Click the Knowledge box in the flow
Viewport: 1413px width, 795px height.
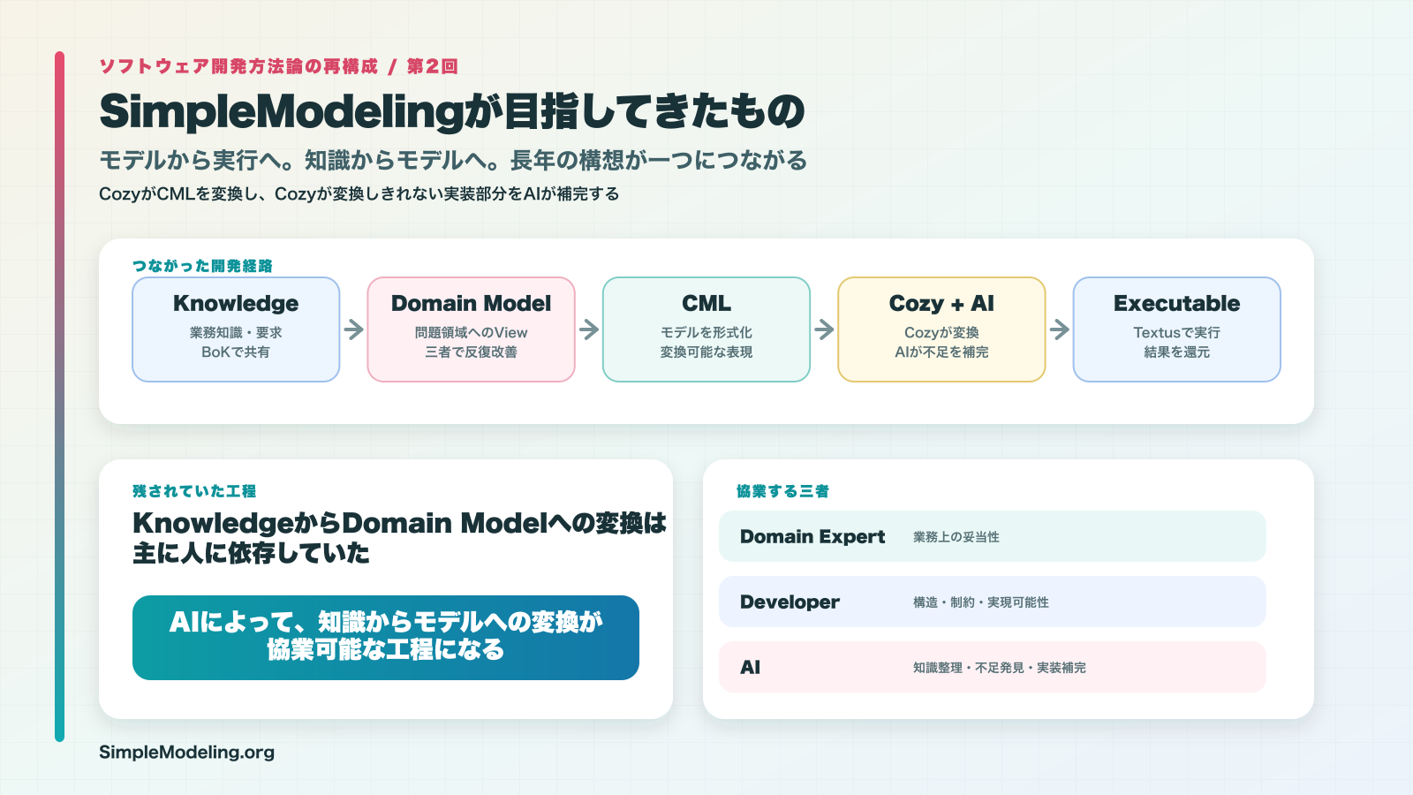(236, 329)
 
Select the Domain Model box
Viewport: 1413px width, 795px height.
(472, 329)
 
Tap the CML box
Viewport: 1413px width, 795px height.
(706, 329)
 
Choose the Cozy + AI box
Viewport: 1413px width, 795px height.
(941, 329)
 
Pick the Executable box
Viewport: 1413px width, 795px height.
(1177, 329)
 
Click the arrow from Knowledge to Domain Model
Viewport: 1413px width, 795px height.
(354, 329)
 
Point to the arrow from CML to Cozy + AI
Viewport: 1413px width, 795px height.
(825, 329)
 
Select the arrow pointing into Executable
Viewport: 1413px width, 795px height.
(1060, 329)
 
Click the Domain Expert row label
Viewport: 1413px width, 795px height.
(812, 537)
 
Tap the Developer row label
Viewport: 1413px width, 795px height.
(790, 602)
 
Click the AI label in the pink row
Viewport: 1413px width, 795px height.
(750, 668)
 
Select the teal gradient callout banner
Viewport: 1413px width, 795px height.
(386, 638)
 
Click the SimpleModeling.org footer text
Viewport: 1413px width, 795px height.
(186, 752)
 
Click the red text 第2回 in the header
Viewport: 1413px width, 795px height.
(432, 66)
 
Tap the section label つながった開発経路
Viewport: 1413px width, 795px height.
(202, 266)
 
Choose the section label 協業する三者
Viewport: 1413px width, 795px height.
(782, 491)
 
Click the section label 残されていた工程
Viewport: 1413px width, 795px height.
(194, 491)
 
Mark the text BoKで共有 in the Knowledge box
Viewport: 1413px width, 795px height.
(236, 352)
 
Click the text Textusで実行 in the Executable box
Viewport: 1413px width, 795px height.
(1177, 332)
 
